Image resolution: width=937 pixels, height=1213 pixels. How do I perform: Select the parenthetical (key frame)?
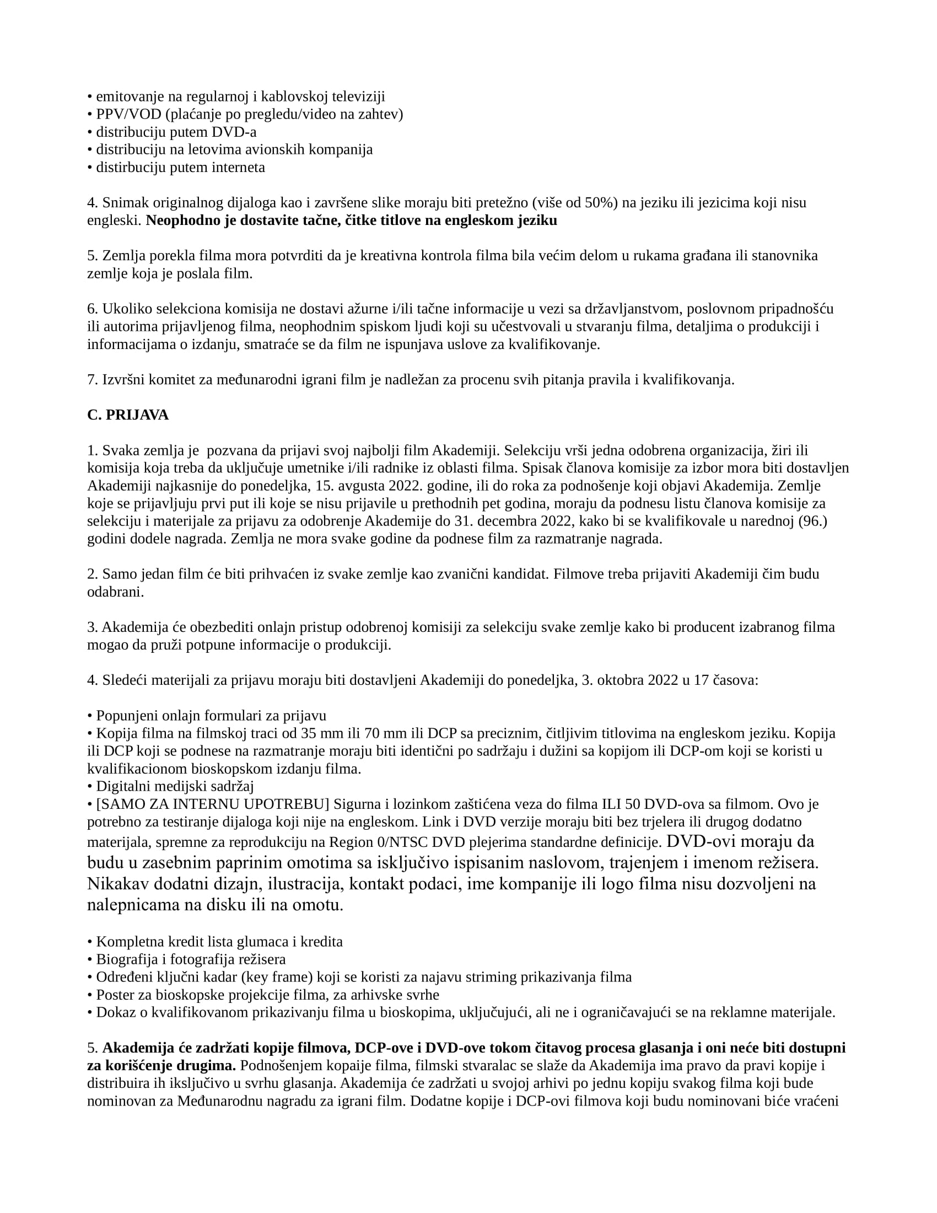(x=267, y=977)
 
